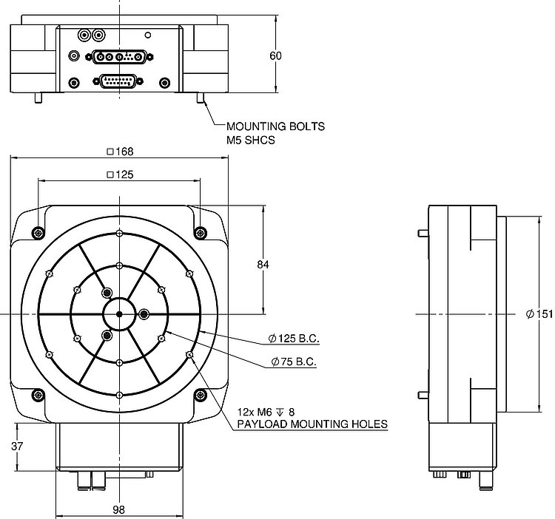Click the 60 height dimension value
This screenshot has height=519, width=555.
[275, 56]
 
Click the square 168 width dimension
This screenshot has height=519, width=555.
[120, 152]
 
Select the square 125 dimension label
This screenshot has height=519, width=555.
[120, 174]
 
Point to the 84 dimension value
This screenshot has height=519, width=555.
[263, 265]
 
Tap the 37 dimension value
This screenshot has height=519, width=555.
[16, 446]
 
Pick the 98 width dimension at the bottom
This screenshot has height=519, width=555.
[119, 510]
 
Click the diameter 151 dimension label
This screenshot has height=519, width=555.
[539, 314]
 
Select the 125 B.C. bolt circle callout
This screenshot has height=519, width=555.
[294, 339]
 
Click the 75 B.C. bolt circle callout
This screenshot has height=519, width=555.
[294, 362]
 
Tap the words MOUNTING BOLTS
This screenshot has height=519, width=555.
[275, 126]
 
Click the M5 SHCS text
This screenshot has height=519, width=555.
[251, 140]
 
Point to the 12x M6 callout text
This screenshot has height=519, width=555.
[266, 412]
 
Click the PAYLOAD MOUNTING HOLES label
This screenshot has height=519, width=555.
[312, 424]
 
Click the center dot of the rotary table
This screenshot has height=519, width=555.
[119, 314]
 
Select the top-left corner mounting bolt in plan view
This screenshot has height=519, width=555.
[38, 233]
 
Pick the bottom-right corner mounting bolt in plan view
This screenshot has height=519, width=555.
[201, 395]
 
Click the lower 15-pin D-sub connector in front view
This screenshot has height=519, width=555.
[118, 81]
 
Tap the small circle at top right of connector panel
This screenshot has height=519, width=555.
[148, 35]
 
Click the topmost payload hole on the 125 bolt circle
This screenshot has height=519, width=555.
[119, 234]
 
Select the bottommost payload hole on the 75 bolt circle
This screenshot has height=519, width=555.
[119, 363]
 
